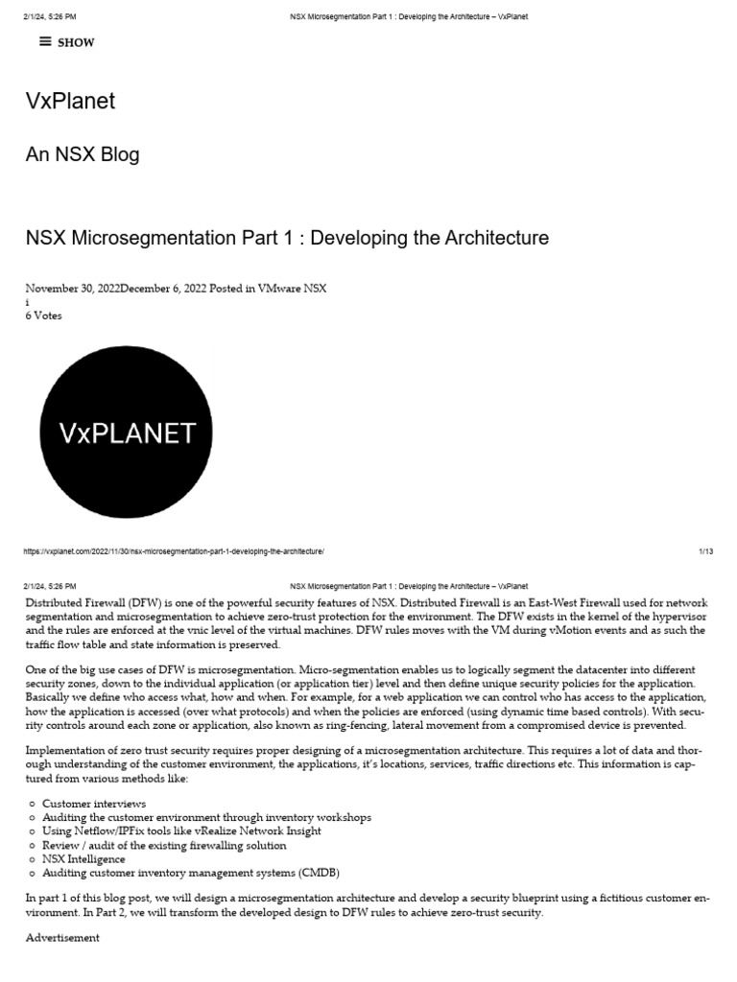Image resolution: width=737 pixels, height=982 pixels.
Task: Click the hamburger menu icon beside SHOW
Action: tap(45, 41)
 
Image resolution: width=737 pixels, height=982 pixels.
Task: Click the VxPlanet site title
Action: tap(70, 101)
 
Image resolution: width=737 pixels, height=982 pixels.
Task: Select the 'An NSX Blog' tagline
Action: tap(82, 154)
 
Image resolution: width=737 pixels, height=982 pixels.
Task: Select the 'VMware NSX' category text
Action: tap(293, 288)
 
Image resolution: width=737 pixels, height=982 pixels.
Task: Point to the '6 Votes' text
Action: tap(43, 316)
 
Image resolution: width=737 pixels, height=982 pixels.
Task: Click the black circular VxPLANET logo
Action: tap(126, 433)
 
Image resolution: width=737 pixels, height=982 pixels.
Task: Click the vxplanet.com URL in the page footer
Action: tap(174, 551)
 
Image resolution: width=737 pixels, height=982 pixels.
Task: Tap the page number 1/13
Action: tap(705, 551)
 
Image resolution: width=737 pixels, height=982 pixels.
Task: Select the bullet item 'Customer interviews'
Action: tap(94, 803)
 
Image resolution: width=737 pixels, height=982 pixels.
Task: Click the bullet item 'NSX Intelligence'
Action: tap(83, 859)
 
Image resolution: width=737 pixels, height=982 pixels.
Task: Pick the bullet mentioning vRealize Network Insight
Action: tap(181, 830)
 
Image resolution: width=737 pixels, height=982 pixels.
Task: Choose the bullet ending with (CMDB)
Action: tap(190, 873)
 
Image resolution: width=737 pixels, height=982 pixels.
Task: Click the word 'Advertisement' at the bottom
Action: tap(62, 937)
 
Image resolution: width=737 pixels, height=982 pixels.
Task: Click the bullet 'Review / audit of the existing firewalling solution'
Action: tap(164, 845)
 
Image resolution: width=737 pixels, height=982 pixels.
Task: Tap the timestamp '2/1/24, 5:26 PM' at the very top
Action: tap(51, 17)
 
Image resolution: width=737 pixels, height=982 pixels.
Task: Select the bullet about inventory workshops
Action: tap(206, 817)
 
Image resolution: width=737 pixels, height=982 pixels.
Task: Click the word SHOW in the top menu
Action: tap(77, 42)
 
